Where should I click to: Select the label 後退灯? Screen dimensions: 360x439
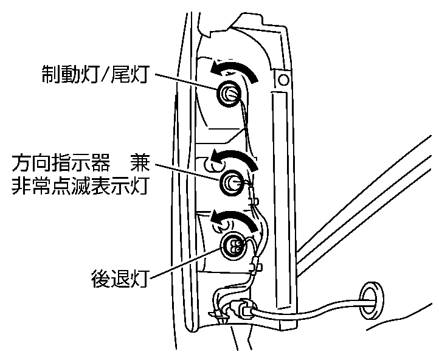tap(119, 280)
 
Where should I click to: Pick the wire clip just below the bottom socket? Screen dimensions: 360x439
tap(256, 266)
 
